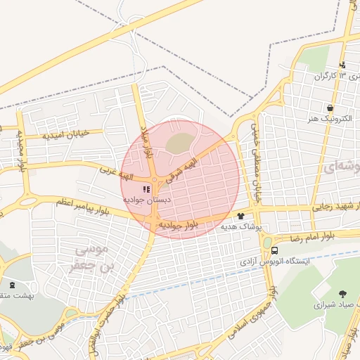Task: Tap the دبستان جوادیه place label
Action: [146, 200]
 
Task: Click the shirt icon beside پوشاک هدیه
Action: [241, 216]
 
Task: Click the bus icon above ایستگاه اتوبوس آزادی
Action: [274, 250]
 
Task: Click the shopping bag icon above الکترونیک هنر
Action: [330, 108]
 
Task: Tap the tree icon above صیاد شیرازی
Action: [342, 294]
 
